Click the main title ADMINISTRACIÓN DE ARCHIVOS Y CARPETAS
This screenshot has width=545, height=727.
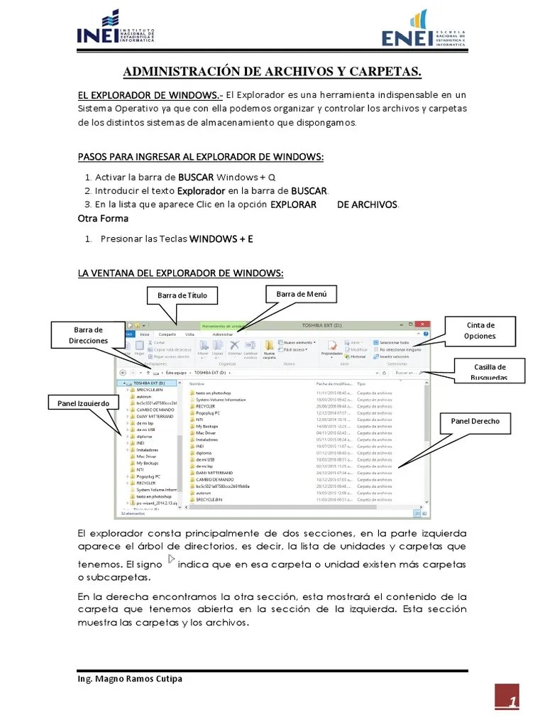[272, 72]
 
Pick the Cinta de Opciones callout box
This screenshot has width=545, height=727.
[480, 331]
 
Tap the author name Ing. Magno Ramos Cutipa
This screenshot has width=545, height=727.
[129, 679]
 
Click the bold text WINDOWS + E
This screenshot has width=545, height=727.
[221, 239]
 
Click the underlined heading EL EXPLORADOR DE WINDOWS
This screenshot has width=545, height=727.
[150, 95]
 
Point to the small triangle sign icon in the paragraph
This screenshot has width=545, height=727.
[170, 560]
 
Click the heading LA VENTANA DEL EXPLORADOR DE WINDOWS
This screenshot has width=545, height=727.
[180, 273]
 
